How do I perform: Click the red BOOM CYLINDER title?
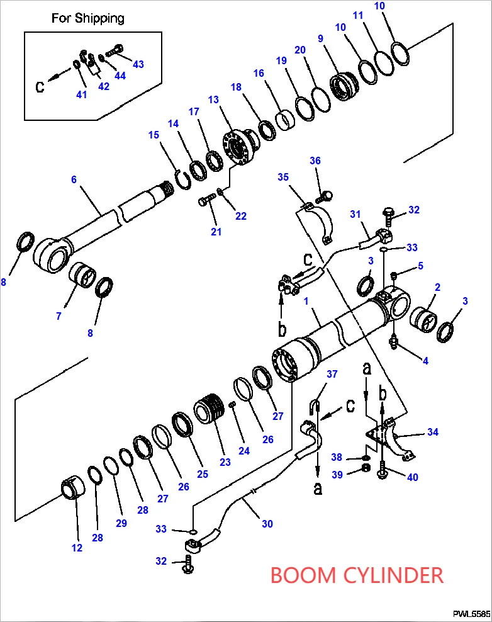pos(357,575)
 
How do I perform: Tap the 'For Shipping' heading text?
pos(87,18)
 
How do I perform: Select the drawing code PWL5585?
pos(471,613)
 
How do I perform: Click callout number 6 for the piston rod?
pos(74,179)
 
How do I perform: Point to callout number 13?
pos(214,99)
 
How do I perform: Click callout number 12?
pos(77,548)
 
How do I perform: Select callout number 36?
pos(315,161)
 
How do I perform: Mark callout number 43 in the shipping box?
pos(138,64)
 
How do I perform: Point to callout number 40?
pos(413,477)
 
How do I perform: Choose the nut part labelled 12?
pos(72,489)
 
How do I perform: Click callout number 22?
pos(241,216)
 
